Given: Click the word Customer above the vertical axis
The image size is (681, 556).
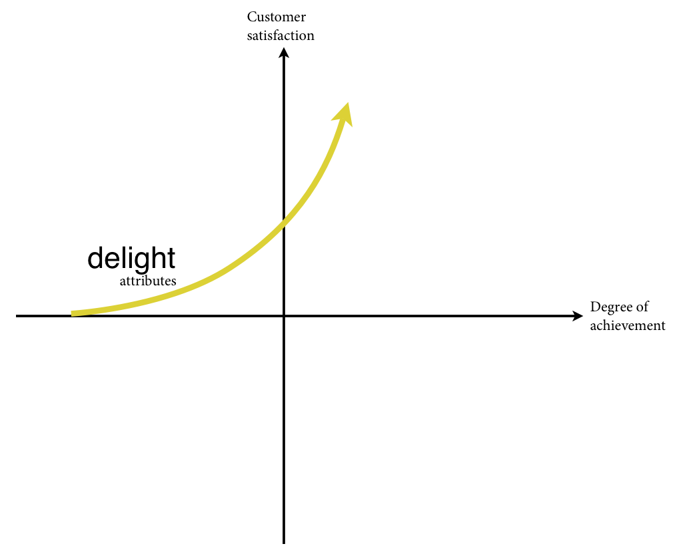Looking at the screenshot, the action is pyautogui.click(x=277, y=17).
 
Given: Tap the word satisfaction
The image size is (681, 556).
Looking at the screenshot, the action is pyautogui.click(x=281, y=35).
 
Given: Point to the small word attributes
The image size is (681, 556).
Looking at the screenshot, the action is pyautogui.click(x=148, y=281).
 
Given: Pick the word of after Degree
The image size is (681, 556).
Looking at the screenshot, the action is pyautogui.click(x=642, y=307).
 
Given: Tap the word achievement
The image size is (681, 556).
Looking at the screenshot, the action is pyautogui.click(x=628, y=325).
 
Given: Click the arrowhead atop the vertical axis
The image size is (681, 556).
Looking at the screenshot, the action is pyautogui.click(x=284, y=53).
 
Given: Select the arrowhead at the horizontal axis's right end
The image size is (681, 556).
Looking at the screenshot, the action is pyautogui.click(x=578, y=316).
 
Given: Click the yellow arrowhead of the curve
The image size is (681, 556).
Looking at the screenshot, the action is pyautogui.click(x=343, y=114).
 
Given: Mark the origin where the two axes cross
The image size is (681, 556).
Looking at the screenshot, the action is pyautogui.click(x=284, y=316).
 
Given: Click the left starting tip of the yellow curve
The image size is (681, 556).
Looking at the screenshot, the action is pyautogui.click(x=72, y=313).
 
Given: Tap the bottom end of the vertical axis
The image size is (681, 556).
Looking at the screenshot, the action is pyautogui.click(x=284, y=543).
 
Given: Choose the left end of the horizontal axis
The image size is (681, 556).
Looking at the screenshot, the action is pyautogui.click(x=16, y=316).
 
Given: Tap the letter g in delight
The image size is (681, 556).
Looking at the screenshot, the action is pyautogui.click(x=145, y=262).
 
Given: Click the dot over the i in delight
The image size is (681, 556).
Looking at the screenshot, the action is pyautogui.click(x=132, y=249).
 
